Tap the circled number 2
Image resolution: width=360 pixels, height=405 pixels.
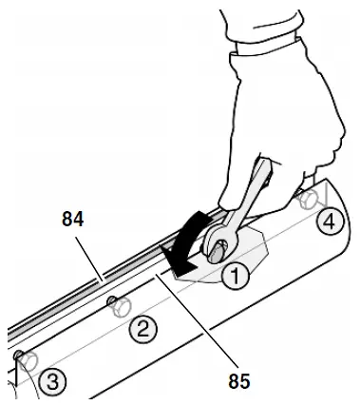[142, 330]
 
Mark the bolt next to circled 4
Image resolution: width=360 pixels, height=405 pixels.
[307, 201]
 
